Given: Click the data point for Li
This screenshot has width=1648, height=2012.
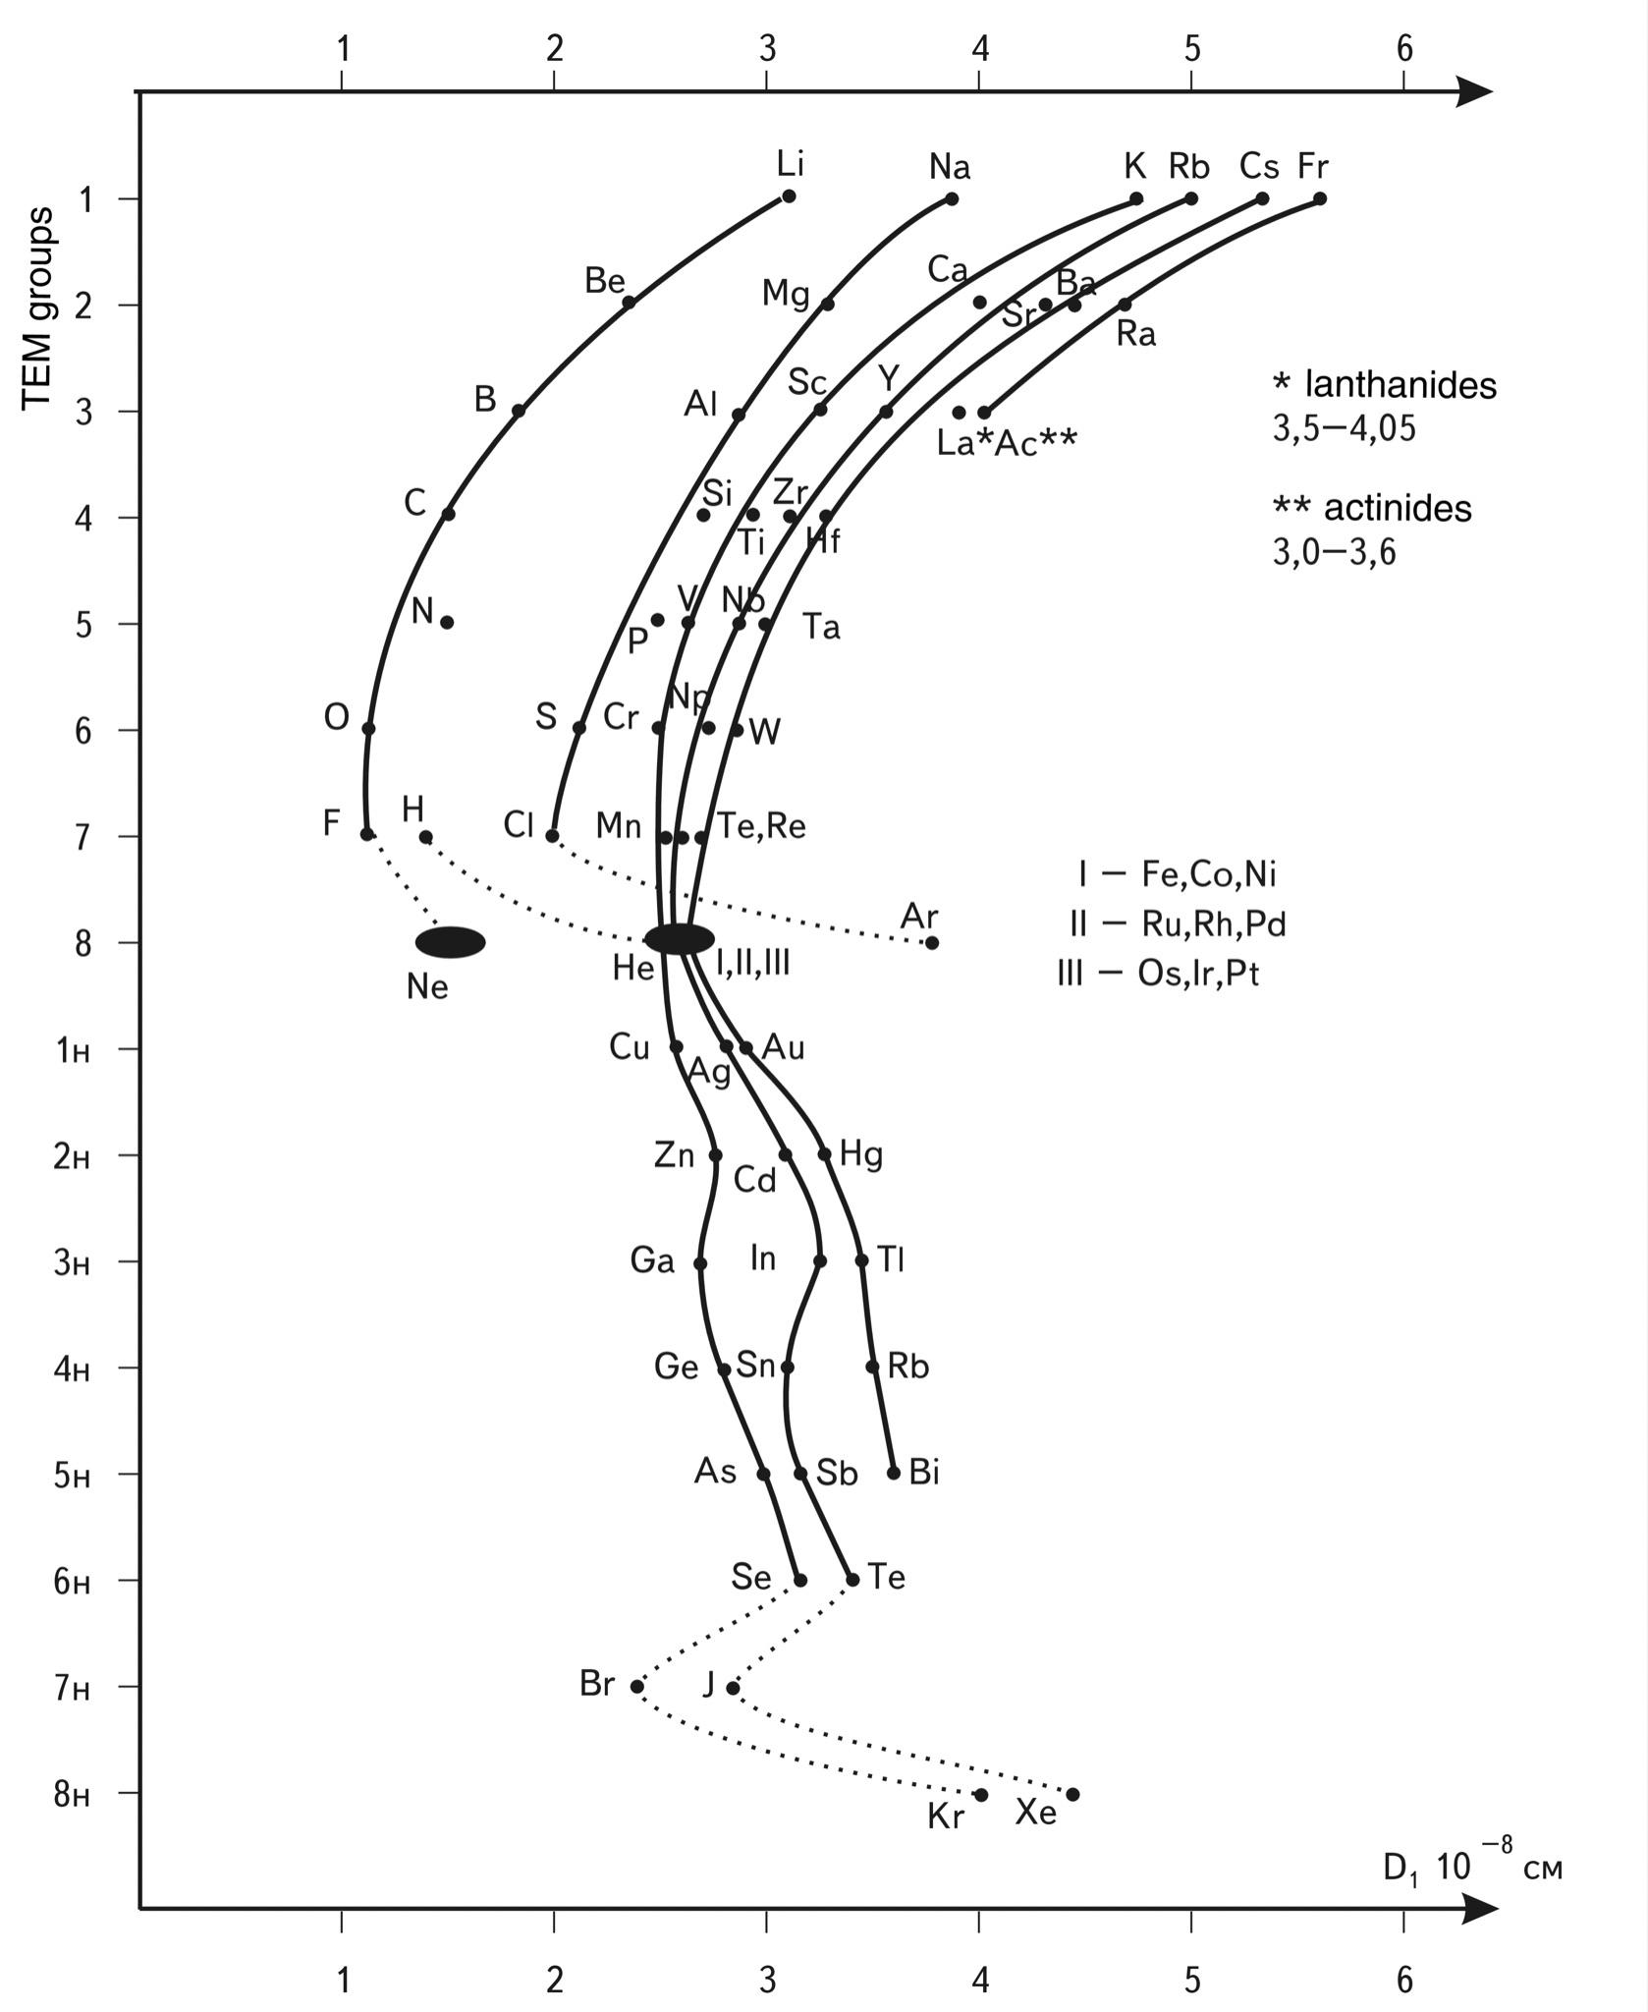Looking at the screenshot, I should pos(789,196).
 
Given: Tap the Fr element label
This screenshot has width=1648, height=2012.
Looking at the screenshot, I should pos(1312,166).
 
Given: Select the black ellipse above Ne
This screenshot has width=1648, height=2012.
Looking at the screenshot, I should pos(450,942).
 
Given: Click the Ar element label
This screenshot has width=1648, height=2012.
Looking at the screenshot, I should pos(919,917).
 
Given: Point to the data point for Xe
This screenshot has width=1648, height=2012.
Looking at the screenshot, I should pos(1072,1795).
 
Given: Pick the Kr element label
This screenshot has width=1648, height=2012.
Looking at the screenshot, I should pos(946,1817).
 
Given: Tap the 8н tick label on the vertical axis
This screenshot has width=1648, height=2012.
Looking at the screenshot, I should pos(72,1795).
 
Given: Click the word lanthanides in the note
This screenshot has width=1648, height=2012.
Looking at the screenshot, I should pos(1400,385).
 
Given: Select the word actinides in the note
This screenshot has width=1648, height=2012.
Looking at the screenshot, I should pos(1398,508).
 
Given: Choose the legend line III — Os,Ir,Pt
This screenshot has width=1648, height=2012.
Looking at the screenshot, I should pos(1158,973).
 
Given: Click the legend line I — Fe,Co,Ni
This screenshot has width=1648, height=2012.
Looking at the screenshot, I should pos(1177,873).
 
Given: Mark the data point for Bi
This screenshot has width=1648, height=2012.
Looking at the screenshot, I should pos(894,1473).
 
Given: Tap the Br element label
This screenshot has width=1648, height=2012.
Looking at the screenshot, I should pos(597,1684).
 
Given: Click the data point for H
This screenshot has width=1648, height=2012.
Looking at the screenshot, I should pos(425,837).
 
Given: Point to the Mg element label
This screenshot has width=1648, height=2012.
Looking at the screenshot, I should pos(786,293).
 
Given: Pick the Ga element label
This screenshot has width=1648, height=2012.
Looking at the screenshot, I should pos(652,1259).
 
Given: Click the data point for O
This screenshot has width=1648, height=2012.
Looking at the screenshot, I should pos(368,729).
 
